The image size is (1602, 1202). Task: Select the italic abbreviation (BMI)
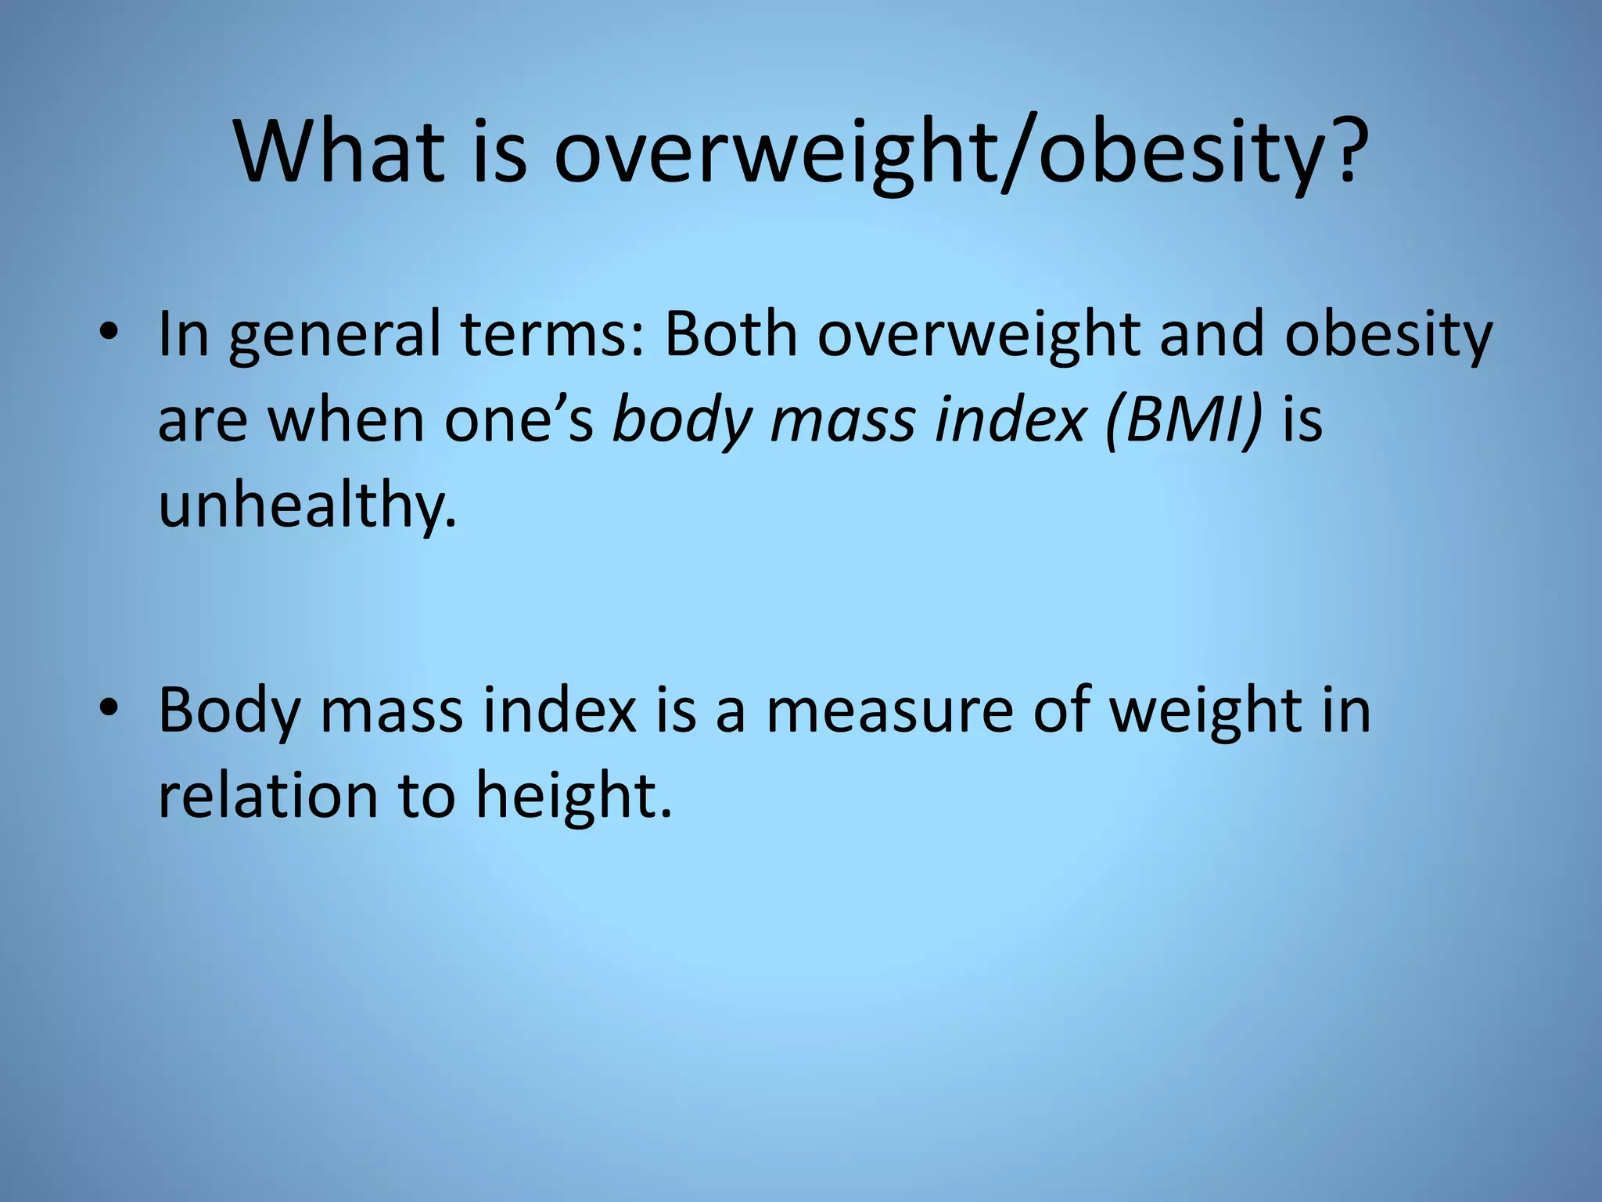pyautogui.click(x=1184, y=420)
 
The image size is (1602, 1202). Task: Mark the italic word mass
pyautogui.click(x=842, y=420)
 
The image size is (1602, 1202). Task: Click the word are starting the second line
pyautogui.click(x=203, y=422)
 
